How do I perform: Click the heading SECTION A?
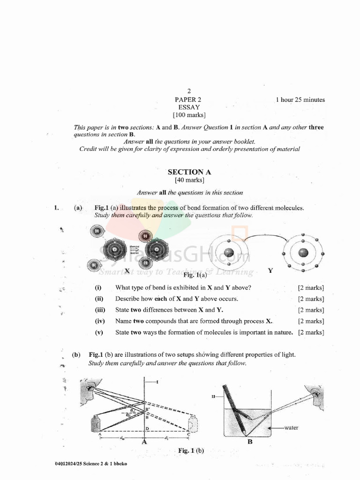[x=189, y=172]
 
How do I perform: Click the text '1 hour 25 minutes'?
[x=300, y=100]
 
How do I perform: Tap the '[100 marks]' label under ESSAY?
[x=189, y=115]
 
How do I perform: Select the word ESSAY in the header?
[x=189, y=107]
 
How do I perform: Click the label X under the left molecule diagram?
[x=127, y=271]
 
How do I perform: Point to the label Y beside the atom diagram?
[x=270, y=271]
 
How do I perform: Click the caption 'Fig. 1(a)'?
[x=195, y=275]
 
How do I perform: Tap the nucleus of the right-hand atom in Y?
[x=303, y=253]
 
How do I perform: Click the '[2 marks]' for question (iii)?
[x=311, y=310]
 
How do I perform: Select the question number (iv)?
[x=99, y=321]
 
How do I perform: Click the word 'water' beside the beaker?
[x=290, y=427]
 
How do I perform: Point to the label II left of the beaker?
[x=213, y=396]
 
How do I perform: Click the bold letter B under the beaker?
[x=250, y=441]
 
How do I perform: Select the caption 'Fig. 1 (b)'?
[x=191, y=450]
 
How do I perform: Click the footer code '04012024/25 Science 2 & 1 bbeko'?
[x=91, y=464]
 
